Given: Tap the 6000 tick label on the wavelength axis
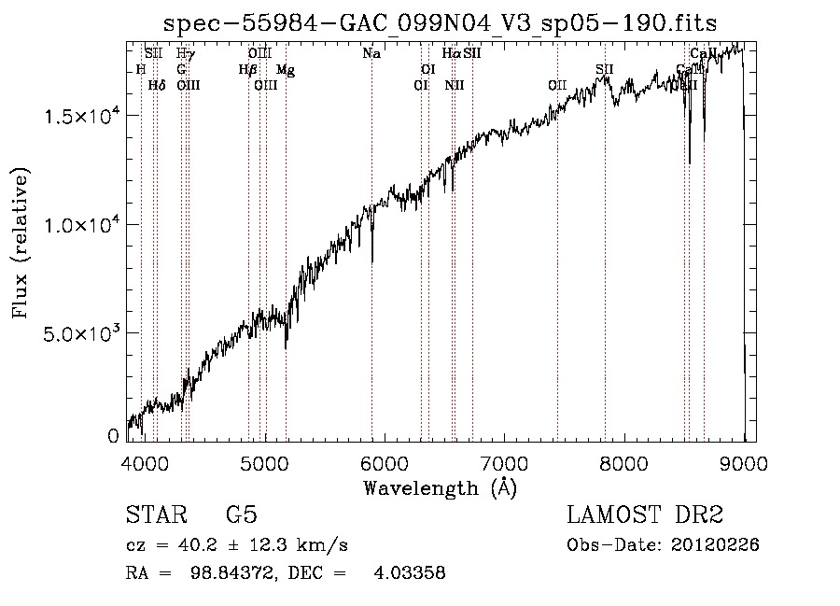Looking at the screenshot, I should point(385,462).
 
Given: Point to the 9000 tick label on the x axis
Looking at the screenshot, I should point(744,462).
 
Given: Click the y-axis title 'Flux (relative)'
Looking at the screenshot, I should point(21,243).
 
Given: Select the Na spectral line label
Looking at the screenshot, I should point(371,53).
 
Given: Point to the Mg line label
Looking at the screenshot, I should point(286,70).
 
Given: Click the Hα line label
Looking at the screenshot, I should point(452,53).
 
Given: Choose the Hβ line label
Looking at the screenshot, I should point(247,70).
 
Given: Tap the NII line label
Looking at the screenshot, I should point(455,86).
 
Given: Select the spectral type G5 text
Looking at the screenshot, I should point(242,515).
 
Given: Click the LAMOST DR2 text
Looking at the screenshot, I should point(645,515).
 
